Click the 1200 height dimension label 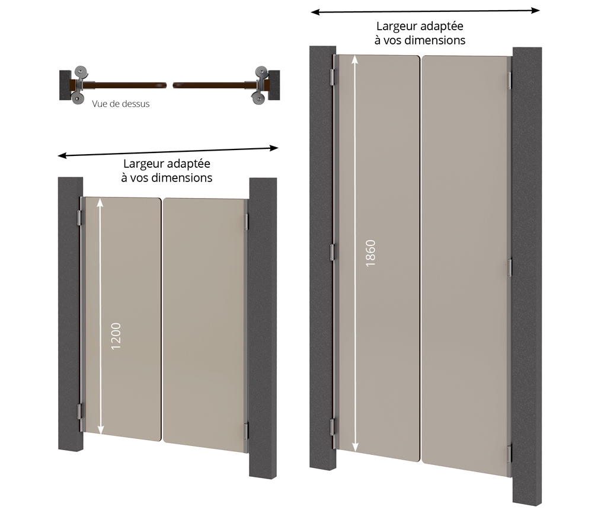pyautogui.click(x=116, y=336)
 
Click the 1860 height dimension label pyautogui.click(x=370, y=253)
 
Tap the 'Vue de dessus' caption pyautogui.click(x=121, y=104)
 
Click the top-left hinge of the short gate pyautogui.click(x=80, y=218)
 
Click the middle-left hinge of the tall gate pyautogui.click(x=332, y=252)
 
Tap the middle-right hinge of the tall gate pyautogui.click(x=510, y=267)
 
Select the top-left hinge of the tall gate pyautogui.click(x=332, y=78)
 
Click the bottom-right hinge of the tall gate pyautogui.click(x=510, y=454)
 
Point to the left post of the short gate pyautogui.click(x=71, y=314)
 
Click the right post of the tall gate pyautogui.click(x=527, y=276)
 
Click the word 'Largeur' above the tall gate pyautogui.click(x=396, y=27)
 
